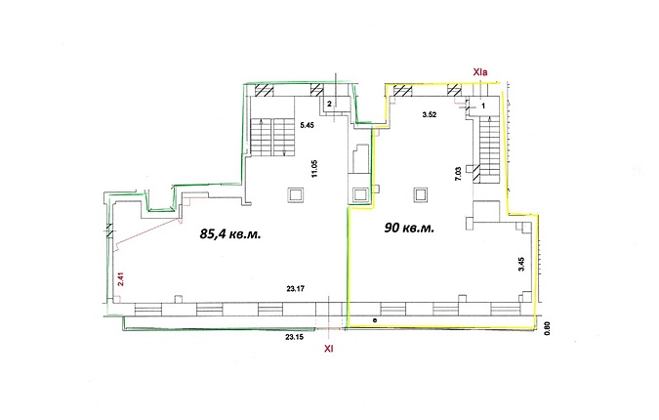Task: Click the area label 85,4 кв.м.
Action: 230,233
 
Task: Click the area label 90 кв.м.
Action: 409,228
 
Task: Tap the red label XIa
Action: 479,72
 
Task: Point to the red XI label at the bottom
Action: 329,349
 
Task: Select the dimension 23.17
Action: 295,289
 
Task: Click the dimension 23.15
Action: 295,337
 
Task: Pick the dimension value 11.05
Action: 314,170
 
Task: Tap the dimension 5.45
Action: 307,125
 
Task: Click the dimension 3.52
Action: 430,114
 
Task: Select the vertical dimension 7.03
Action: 458,174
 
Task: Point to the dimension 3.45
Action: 521,264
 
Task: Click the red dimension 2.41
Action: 120,279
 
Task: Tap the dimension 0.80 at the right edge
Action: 547,328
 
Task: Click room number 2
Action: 330,103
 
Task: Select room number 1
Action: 483,106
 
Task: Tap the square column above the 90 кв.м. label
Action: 421,194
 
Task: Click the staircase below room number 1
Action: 489,149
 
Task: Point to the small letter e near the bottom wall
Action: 375,320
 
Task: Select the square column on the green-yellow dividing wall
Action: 359,195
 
